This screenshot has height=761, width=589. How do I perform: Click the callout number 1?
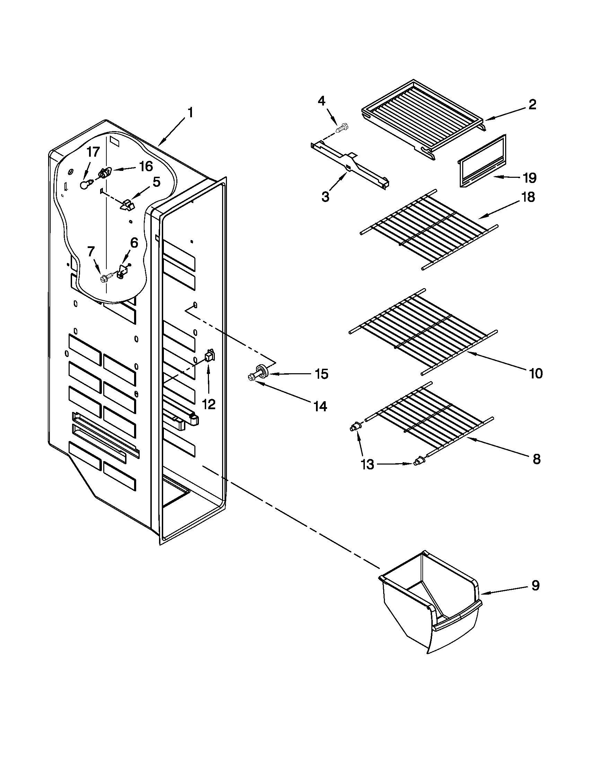[190, 113]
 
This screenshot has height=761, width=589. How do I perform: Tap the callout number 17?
[93, 152]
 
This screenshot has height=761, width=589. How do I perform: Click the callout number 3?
[325, 197]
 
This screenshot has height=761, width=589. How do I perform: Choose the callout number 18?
[529, 197]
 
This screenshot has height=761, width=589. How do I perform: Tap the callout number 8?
[536, 459]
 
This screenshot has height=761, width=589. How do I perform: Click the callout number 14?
[320, 406]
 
